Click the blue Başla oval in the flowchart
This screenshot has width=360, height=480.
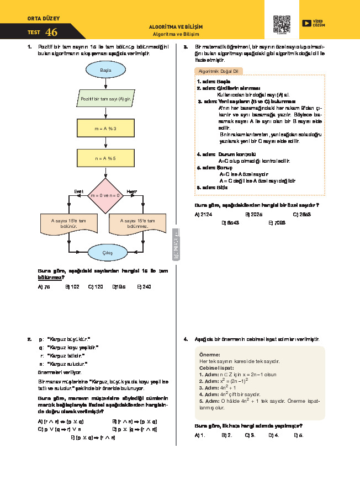[x=105, y=71]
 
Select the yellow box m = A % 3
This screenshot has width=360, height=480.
[x=105, y=129]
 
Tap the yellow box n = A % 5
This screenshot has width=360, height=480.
[x=105, y=158]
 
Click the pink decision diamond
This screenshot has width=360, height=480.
[x=105, y=195]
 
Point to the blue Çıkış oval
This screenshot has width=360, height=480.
[x=107, y=253]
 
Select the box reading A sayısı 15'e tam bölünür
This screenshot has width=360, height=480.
[x=70, y=223]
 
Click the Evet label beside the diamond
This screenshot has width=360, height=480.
[x=78, y=191]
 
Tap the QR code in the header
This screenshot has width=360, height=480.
[x=282, y=24]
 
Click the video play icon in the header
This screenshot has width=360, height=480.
[x=306, y=23]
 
